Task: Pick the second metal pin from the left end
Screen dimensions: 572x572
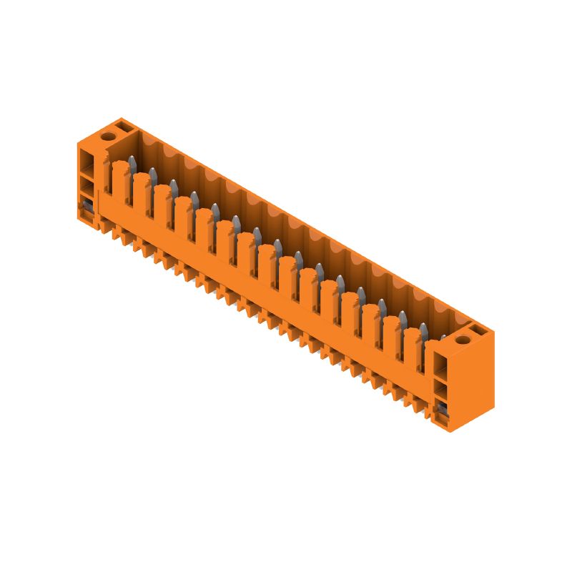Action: click(152, 173)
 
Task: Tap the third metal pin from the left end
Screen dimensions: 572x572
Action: click(173, 184)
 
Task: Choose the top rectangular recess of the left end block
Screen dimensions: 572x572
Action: click(86, 159)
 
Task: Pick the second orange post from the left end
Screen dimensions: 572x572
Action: click(142, 192)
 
